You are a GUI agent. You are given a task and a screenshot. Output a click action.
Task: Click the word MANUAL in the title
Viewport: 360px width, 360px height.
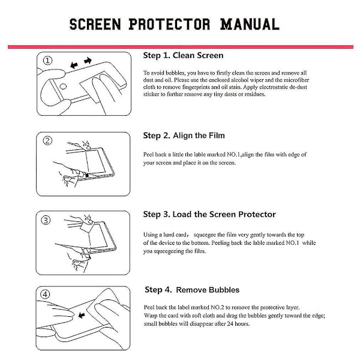click(x=250, y=25)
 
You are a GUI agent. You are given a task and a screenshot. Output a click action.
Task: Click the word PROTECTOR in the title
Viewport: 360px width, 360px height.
click(x=169, y=25)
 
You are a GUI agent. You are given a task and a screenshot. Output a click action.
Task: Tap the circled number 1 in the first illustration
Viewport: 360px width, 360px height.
click(x=47, y=61)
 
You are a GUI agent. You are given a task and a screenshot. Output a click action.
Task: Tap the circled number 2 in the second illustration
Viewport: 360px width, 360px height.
click(x=47, y=140)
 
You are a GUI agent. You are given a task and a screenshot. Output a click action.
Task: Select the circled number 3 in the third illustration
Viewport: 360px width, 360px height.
click(x=46, y=220)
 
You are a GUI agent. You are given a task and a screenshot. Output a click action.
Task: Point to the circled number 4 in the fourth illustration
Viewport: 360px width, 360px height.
click(x=45, y=295)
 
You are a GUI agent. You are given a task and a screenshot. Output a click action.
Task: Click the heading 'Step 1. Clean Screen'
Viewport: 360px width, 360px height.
click(x=183, y=55)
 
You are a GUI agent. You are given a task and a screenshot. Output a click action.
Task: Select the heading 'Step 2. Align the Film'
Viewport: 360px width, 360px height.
click(x=184, y=136)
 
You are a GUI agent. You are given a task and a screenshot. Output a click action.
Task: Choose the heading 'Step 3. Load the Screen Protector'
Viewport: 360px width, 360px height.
click(x=209, y=214)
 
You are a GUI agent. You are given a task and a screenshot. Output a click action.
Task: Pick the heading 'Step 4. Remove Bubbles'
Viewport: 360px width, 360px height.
click(x=192, y=290)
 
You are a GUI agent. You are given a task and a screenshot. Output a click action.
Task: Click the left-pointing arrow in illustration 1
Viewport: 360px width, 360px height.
click(x=74, y=65)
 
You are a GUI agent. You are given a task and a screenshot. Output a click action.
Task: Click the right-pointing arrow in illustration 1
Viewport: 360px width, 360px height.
click(x=88, y=61)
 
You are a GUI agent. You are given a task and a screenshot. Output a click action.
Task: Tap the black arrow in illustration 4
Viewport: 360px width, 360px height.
click(x=82, y=315)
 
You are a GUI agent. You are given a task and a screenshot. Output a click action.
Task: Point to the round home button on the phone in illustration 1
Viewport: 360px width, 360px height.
click(x=63, y=86)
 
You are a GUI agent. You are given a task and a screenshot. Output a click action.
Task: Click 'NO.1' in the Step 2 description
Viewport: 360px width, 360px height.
click(x=233, y=155)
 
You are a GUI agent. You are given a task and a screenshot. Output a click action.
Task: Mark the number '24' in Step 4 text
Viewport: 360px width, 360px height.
click(x=230, y=324)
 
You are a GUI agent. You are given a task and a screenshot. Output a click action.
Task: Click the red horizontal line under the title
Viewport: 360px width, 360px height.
click(x=181, y=47)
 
